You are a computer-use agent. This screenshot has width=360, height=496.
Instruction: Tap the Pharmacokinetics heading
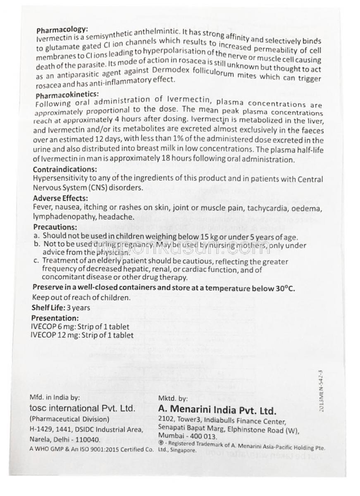point(67,95)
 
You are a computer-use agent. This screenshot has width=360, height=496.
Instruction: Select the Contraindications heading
point(65,169)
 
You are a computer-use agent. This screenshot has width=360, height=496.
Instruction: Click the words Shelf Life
point(48,308)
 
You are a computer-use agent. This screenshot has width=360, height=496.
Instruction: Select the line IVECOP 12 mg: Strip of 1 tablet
point(82,335)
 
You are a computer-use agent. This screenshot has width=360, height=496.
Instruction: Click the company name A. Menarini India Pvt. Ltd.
point(217,411)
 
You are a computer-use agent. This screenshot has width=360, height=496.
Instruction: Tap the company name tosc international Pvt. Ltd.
point(82,408)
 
